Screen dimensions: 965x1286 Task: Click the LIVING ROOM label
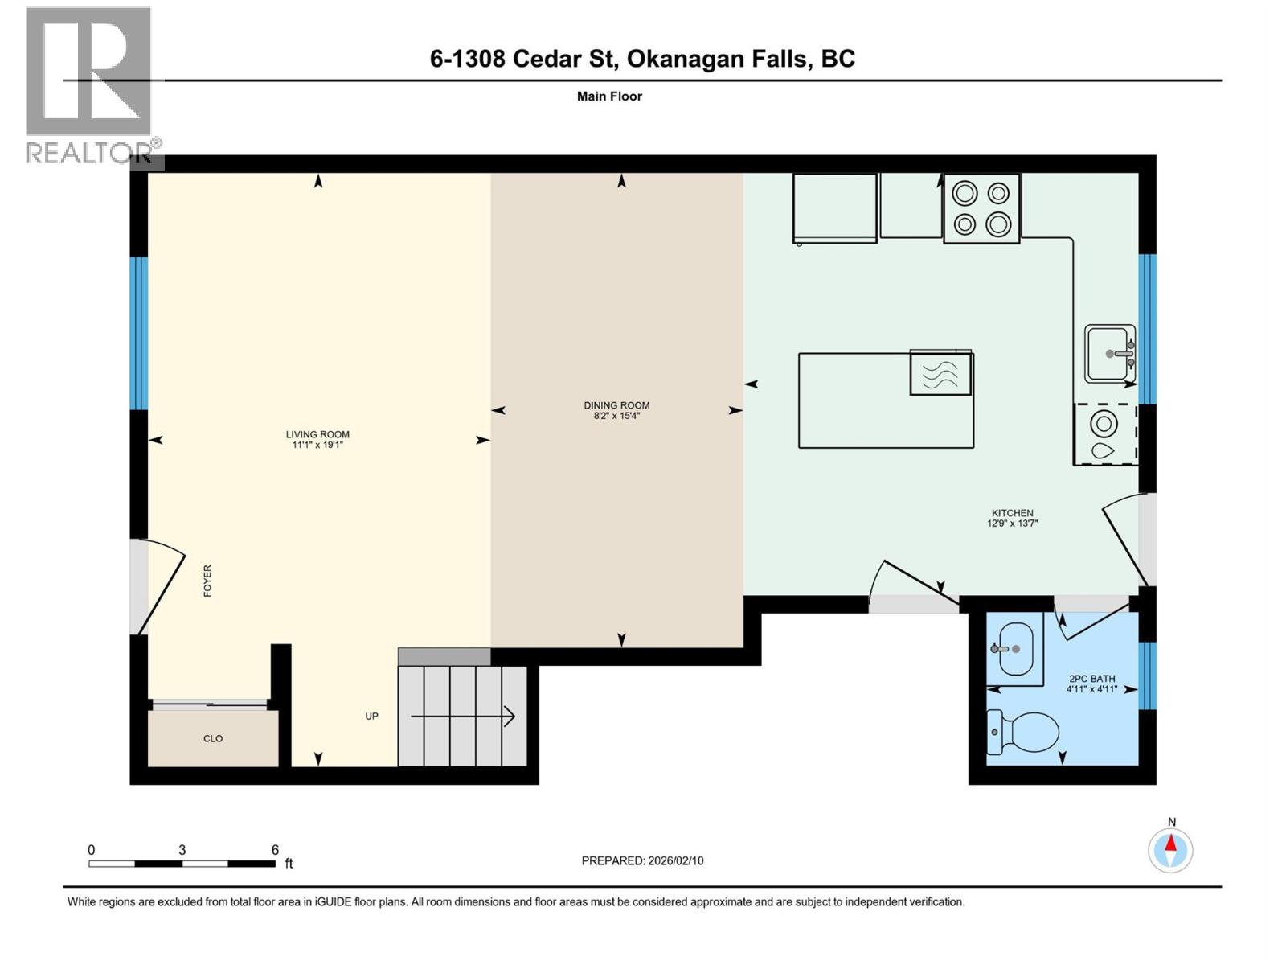click(x=317, y=434)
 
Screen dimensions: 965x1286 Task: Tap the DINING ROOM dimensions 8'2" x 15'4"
click(x=616, y=416)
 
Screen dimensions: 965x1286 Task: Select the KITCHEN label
click(x=1012, y=512)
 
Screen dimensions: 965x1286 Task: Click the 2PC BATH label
click(x=1091, y=679)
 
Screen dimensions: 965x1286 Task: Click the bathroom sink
click(x=1014, y=648)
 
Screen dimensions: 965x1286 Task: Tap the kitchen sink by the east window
click(x=1110, y=353)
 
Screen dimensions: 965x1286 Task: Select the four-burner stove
click(x=981, y=208)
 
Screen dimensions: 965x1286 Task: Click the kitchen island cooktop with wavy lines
click(x=940, y=373)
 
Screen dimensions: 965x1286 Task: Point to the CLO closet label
click(x=213, y=738)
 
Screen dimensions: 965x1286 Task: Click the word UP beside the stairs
click(x=371, y=716)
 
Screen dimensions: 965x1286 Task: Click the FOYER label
click(x=207, y=580)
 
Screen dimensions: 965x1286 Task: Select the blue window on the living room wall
click(x=139, y=333)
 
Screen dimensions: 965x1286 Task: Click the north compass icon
click(x=1170, y=849)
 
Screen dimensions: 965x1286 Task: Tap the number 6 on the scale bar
click(x=275, y=850)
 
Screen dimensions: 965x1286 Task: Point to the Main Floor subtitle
click(x=609, y=96)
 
